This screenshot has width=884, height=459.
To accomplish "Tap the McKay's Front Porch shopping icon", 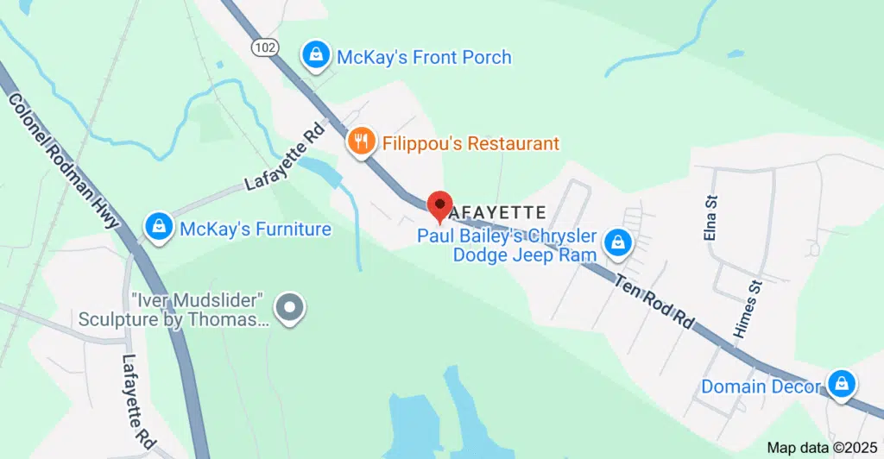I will [x=317, y=56].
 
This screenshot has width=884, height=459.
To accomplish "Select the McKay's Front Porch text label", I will [x=424, y=58].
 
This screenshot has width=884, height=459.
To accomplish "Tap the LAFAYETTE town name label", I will [x=499, y=211].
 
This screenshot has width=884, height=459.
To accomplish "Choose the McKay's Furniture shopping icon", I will [x=159, y=228].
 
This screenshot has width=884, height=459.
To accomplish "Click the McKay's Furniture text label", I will [x=256, y=229].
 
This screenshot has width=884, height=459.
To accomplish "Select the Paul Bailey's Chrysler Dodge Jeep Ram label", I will [x=508, y=245].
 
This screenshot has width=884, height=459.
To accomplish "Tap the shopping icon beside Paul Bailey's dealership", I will [x=618, y=243].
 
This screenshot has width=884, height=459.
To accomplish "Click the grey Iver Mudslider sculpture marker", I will [x=287, y=307].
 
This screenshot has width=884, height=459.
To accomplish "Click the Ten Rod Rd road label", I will [x=656, y=301].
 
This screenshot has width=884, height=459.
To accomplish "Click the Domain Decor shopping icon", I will [x=841, y=384].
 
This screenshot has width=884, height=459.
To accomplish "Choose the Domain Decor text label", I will [x=760, y=386].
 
